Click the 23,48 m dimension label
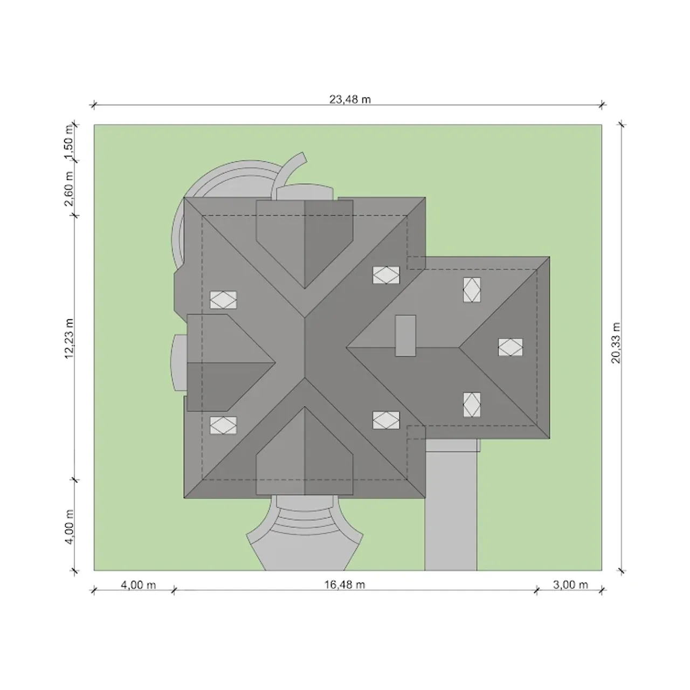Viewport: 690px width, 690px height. tap(350, 99)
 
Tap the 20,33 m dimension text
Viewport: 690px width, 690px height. tap(616, 343)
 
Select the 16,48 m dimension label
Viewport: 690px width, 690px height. tap(344, 584)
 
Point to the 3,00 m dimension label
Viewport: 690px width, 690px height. tap(570, 584)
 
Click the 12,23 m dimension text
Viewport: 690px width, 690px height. tap(69, 339)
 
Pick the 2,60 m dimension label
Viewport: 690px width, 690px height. tap(69, 189)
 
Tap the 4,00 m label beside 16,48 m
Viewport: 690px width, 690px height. tap(138, 584)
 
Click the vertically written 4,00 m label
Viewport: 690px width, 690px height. tap(69, 527)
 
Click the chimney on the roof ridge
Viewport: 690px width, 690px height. tap(405, 335)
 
